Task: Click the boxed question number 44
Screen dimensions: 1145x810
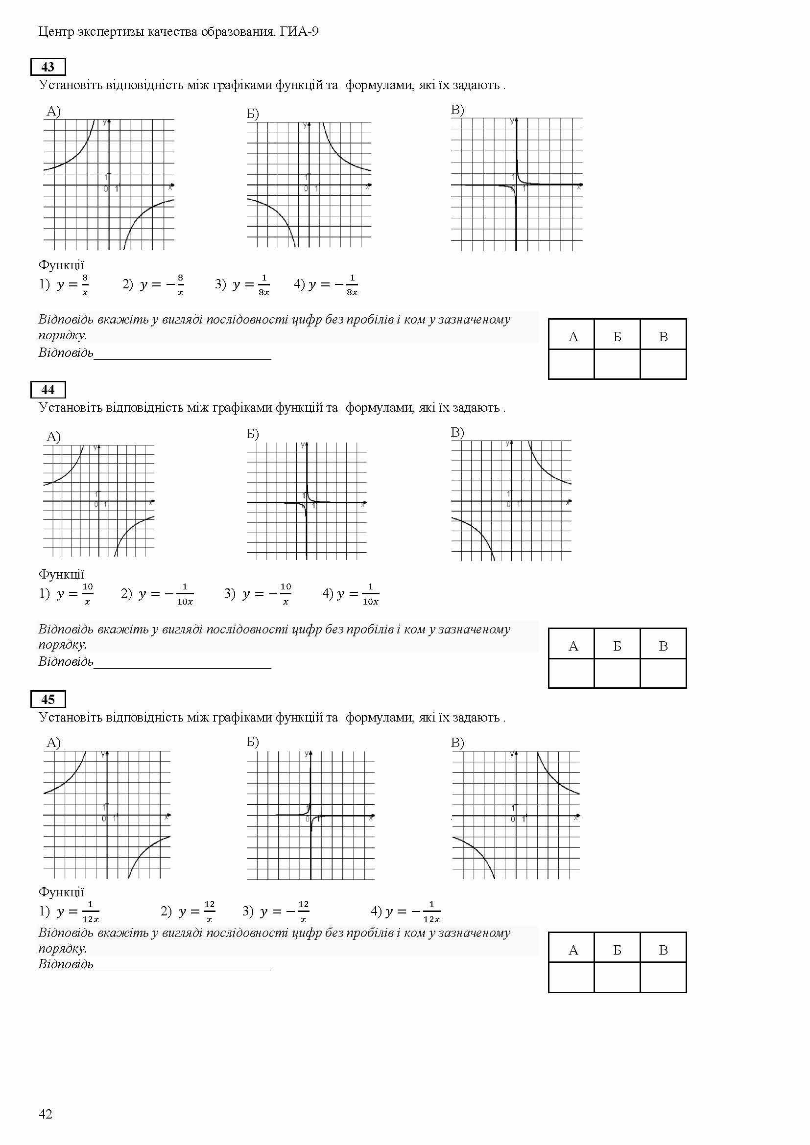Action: pos(48,390)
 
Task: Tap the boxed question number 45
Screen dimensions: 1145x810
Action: pos(48,699)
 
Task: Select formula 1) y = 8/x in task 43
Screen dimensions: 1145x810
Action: pos(65,285)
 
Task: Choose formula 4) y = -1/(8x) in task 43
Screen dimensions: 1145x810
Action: pos(326,285)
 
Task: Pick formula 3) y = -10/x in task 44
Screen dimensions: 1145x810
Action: pos(259,594)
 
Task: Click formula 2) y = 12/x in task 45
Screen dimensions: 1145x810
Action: pos(188,911)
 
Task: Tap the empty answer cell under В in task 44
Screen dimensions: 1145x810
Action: pos(663,673)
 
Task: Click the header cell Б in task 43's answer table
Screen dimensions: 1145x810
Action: pos(617,337)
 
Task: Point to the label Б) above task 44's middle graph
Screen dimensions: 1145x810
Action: pos(253,433)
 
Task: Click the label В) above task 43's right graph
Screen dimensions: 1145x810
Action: pos(457,110)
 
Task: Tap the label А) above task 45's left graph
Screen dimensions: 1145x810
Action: pos(53,743)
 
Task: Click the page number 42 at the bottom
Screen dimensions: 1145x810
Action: pos(46,1114)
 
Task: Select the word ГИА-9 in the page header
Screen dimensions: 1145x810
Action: pos(299,32)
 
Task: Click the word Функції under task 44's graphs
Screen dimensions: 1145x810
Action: pos(61,574)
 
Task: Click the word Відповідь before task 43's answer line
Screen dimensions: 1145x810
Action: pos(66,352)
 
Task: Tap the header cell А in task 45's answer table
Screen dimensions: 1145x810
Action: pos(573,950)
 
